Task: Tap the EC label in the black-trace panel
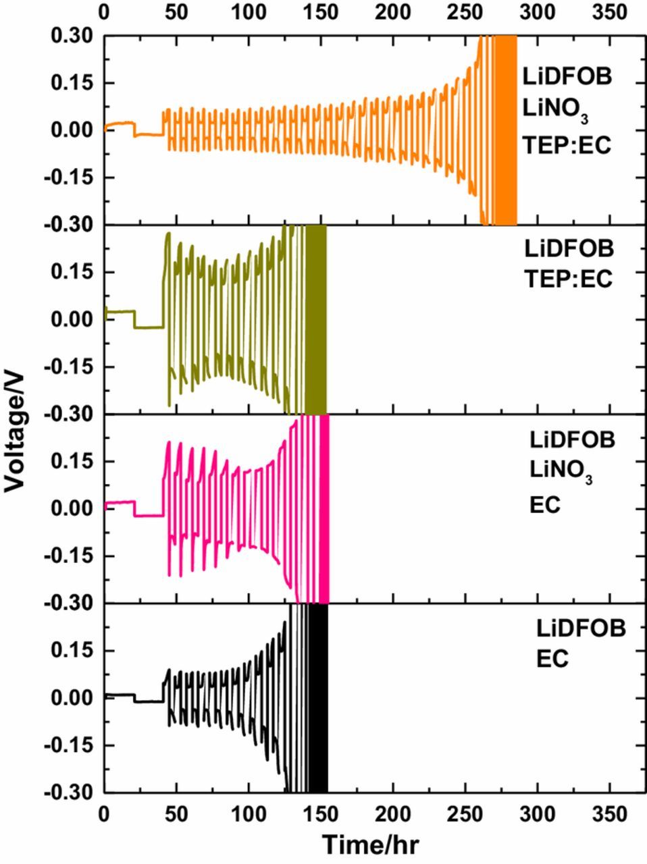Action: pyautogui.click(x=552, y=659)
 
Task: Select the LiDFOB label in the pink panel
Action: pyautogui.click(x=572, y=440)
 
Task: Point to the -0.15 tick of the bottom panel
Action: pyautogui.click(x=70, y=746)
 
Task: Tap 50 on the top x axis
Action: pyautogui.click(x=176, y=11)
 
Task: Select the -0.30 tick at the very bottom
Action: pyautogui.click(x=70, y=793)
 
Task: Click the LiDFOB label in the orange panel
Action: pyautogui.click(x=567, y=76)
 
